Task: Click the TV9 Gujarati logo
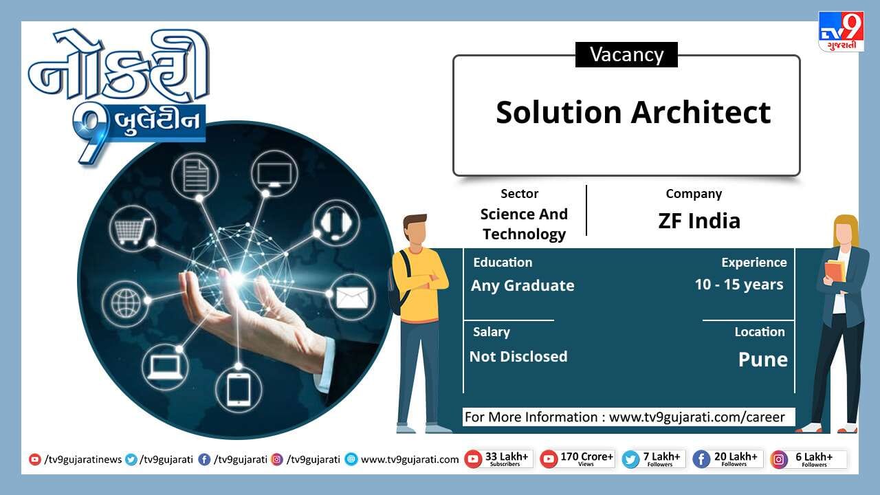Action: [841, 32]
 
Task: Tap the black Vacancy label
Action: [626, 54]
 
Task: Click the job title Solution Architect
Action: [633, 112]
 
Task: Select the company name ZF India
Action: [699, 221]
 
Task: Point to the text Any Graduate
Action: [522, 285]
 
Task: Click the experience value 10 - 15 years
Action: [739, 285]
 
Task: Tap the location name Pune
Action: [763, 360]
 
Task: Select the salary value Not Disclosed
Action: [518, 357]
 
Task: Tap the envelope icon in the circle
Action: [352, 298]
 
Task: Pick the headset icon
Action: [336, 223]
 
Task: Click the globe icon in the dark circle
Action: [126, 303]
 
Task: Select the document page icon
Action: [195, 175]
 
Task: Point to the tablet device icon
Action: [239, 389]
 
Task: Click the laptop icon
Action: [164, 368]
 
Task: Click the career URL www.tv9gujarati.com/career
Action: [697, 417]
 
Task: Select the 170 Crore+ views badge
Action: [577, 459]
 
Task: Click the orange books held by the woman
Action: [835, 270]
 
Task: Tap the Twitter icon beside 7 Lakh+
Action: [631, 459]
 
